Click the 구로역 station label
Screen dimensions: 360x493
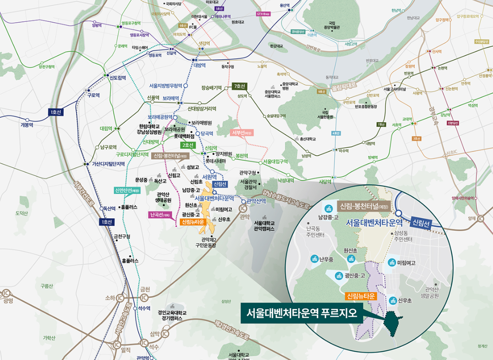(x=93, y=95)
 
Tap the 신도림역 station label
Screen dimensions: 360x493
(x=118, y=77)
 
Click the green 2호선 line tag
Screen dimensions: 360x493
(x=187, y=145)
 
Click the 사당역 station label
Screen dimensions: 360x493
(x=315, y=182)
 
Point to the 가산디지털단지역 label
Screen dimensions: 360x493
(x=109, y=164)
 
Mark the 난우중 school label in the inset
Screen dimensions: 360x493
(x=326, y=259)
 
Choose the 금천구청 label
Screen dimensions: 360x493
(x=122, y=236)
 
